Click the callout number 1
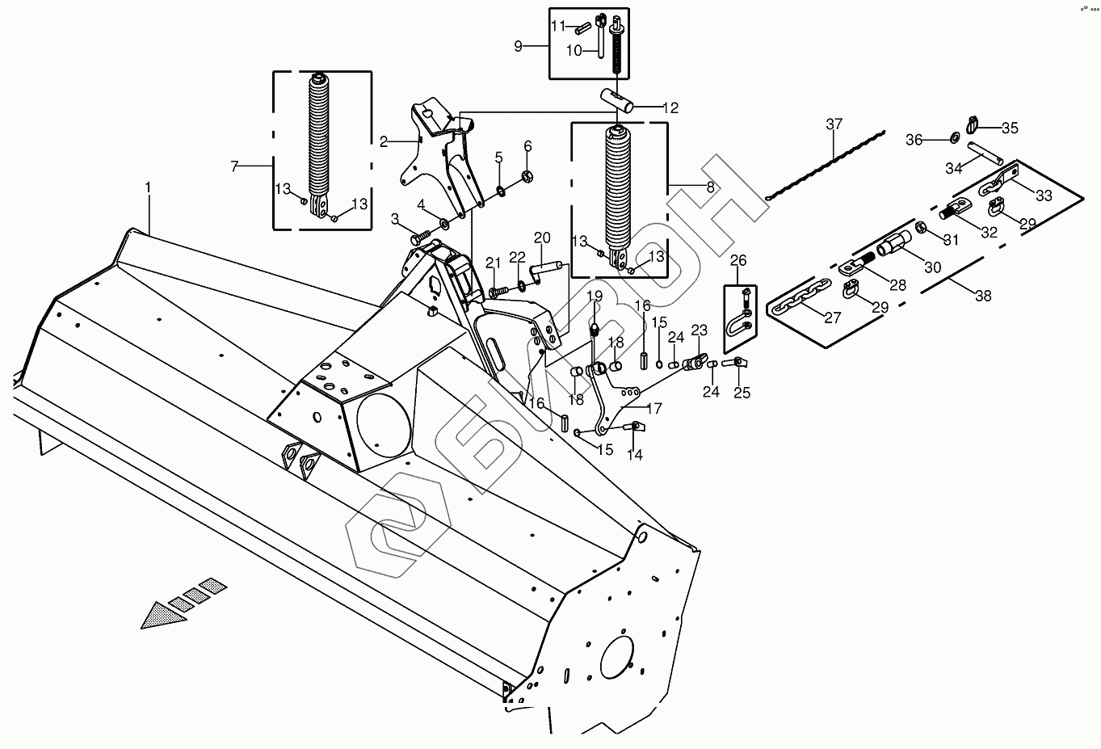(x=148, y=188)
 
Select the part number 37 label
(x=834, y=124)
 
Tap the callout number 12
(x=670, y=107)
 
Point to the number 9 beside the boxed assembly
(x=518, y=46)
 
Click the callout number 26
(x=738, y=260)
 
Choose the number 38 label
(x=983, y=296)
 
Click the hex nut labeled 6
(x=527, y=175)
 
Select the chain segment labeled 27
(x=799, y=299)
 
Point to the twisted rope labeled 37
(x=826, y=164)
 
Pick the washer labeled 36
(x=954, y=137)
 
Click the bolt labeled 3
(x=420, y=237)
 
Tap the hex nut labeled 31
(x=922, y=228)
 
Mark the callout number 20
(x=542, y=238)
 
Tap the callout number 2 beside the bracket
(x=384, y=142)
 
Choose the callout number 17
(x=654, y=409)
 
